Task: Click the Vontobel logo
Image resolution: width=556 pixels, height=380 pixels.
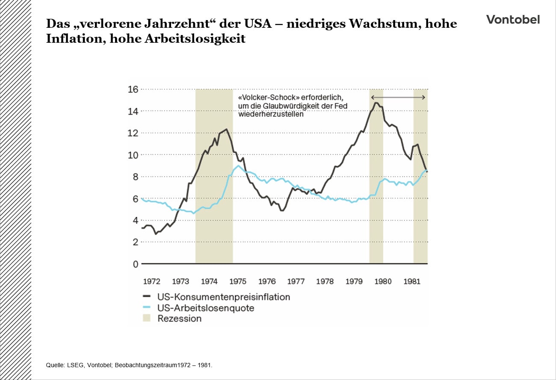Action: pyautogui.click(x=513, y=20)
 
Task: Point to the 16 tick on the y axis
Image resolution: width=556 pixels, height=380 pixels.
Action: pyautogui.click(x=133, y=89)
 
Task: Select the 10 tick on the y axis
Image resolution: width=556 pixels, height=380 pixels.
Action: pyautogui.click(x=133, y=155)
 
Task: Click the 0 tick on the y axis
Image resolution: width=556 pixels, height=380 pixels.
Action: pyautogui.click(x=135, y=264)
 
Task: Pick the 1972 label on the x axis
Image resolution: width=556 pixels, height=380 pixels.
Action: pyautogui.click(x=151, y=281)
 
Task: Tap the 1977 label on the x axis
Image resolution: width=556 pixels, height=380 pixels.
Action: pyautogui.click(x=296, y=281)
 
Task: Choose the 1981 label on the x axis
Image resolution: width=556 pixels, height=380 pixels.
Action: pyautogui.click(x=411, y=281)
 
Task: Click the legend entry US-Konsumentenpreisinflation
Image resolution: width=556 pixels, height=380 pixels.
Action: pyautogui.click(x=224, y=297)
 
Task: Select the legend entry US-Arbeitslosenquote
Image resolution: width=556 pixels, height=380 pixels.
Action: pyautogui.click(x=206, y=308)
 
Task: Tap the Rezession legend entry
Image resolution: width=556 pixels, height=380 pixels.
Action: pyautogui.click(x=179, y=318)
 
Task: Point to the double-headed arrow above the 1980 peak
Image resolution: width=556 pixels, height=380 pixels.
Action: pyautogui.click(x=398, y=97)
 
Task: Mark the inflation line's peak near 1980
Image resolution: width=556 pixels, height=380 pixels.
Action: pyautogui.click(x=376, y=103)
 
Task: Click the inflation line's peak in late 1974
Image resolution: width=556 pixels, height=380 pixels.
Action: pyautogui.click(x=226, y=129)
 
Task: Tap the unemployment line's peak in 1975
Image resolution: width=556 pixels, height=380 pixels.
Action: pyautogui.click(x=238, y=166)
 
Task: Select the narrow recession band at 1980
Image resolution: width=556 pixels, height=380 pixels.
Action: pyautogui.click(x=376, y=192)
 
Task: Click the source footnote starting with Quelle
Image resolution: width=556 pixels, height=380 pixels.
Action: pyautogui.click(x=129, y=365)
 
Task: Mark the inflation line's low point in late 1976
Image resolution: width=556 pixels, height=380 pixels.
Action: pyautogui.click(x=282, y=210)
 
